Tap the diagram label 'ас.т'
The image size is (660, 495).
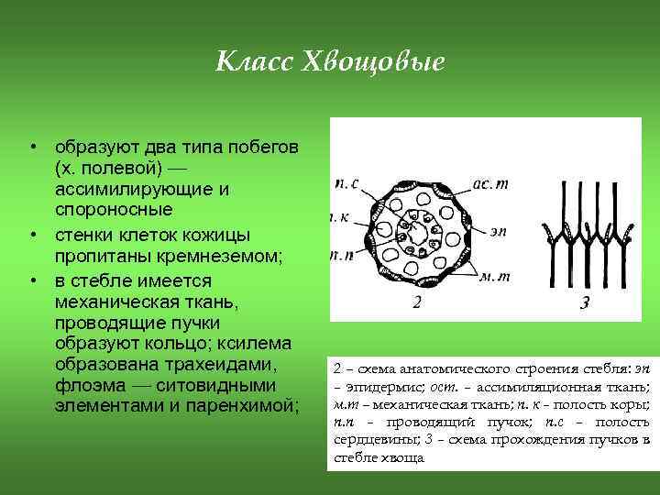(489, 183)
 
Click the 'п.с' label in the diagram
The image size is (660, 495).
(346, 183)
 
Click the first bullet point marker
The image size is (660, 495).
(31, 148)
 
